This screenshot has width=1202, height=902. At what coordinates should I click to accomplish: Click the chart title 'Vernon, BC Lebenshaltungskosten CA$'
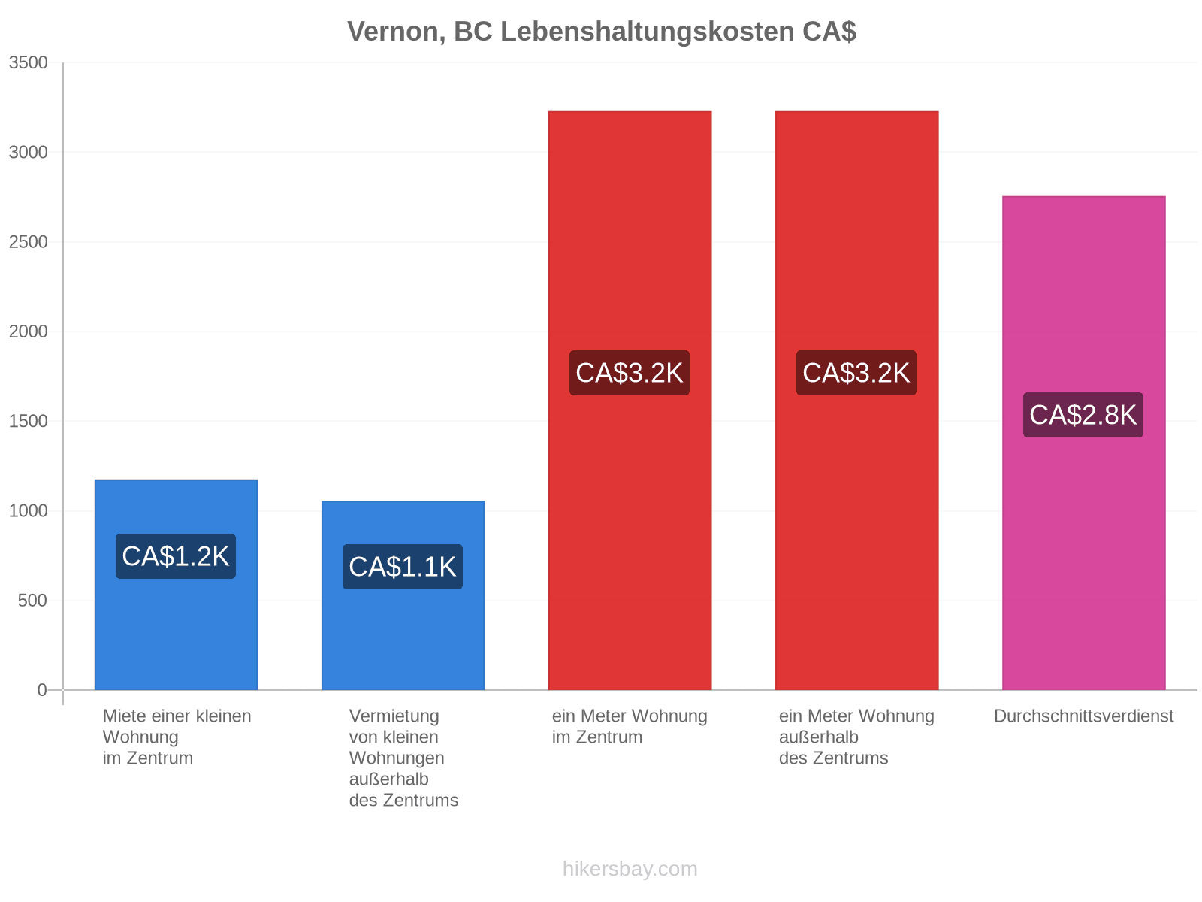pyautogui.click(x=601, y=32)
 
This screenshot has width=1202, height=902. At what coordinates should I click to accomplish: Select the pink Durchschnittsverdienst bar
pyautogui.click(x=1083, y=442)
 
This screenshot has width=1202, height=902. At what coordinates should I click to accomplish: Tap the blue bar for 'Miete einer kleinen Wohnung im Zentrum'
pyautogui.click(x=176, y=584)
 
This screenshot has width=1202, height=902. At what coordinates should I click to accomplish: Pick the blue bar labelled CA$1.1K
pyautogui.click(x=403, y=595)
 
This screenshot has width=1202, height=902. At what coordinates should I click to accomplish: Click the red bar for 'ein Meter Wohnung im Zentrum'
pyautogui.click(x=630, y=400)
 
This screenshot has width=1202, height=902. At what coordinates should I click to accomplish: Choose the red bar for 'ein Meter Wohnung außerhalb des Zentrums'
pyautogui.click(x=856, y=400)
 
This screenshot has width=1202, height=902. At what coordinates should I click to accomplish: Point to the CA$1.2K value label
pyautogui.click(x=175, y=555)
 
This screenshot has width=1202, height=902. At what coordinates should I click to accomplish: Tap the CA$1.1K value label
pyautogui.click(x=402, y=566)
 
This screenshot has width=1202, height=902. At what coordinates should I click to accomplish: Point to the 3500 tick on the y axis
pyautogui.click(x=28, y=62)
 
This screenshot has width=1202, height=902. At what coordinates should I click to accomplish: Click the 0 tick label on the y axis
pyautogui.click(x=41, y=689)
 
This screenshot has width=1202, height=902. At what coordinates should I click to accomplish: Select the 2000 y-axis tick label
pyautogui.click(x=28, y=331)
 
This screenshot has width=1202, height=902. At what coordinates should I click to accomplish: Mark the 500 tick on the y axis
pyautogui.click(x=32, y=600)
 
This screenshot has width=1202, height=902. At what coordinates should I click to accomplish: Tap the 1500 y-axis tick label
pyautogui.click(x=28, y=421)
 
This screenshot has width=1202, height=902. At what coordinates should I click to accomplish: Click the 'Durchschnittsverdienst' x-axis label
pyautogui.click(x=1083, y=716)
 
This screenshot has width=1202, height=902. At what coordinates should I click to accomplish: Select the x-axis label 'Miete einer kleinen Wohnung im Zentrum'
pyautogui.click(x=177, y=736)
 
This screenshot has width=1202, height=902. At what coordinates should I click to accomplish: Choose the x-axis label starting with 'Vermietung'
pyautogui.click(x=403, y=758)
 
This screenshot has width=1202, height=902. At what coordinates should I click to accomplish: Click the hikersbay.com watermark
pyautogui.click(x=630, y=868)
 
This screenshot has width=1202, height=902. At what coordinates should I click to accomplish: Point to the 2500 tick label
pyautogui.click(x=28, y=241)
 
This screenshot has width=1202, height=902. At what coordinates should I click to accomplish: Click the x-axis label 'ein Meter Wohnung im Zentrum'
pyautogui.click(x=629, y=725)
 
